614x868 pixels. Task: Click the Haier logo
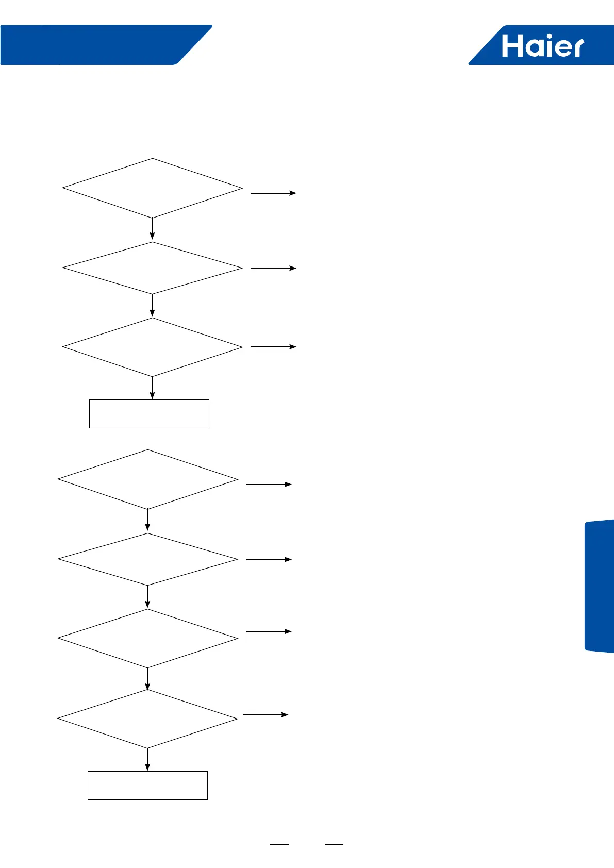[542, 45]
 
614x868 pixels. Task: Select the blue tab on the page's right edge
[600, 586]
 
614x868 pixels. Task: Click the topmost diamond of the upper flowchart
[153, 188]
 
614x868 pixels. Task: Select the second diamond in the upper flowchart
[153, 268]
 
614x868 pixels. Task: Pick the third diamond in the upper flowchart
[153, 347]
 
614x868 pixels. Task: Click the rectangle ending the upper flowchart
[149, 413]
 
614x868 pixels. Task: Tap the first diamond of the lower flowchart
[148, 479]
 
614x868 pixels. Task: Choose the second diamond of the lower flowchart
[148, 559]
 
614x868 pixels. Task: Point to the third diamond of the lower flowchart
[148, 639]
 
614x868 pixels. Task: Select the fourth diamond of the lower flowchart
[148, 719]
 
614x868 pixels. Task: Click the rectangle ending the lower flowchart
[147, 785]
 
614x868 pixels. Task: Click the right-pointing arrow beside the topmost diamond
[273, 193]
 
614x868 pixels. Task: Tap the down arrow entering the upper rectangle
[152, 388]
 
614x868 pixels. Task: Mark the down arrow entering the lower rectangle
[148, 759]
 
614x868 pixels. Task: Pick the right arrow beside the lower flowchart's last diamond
[265, 715]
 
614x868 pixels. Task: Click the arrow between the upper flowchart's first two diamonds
[152, 229]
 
